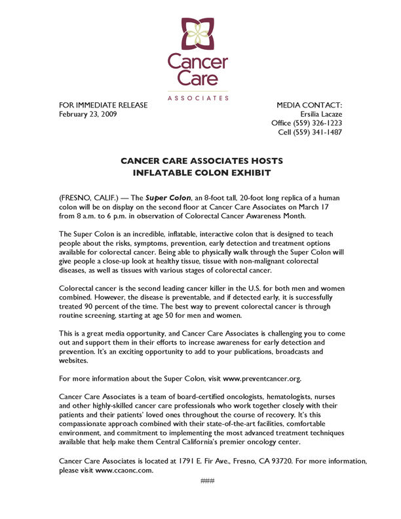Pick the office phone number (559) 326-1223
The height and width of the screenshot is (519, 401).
[x=318, y=123]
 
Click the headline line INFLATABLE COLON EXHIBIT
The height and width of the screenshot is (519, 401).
[x=200, y=173]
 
